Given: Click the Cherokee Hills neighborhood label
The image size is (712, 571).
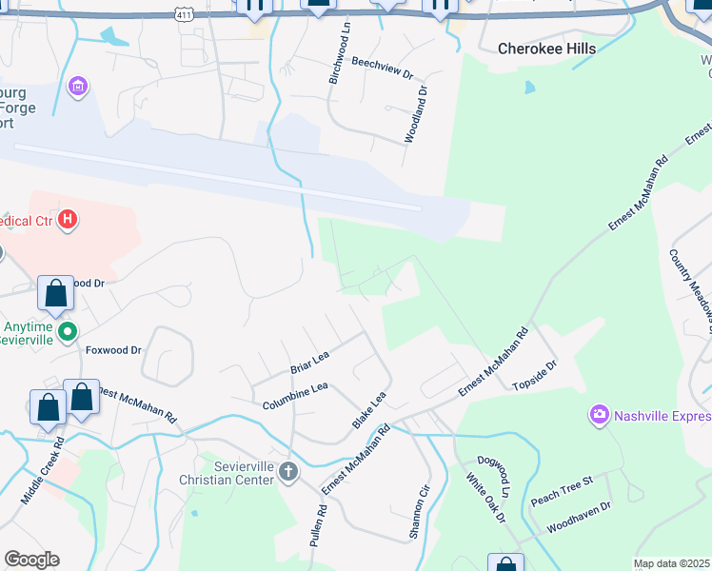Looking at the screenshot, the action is pyautogui.click(x=547, y=49).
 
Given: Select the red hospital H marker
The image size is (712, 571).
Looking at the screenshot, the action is pyautogui.click(x=68, y=221).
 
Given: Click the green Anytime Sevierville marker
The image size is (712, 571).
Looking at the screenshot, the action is pyautogui.click(x=67, y=332).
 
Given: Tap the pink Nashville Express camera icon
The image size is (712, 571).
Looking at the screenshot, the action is pyautogui.click(x=599, y=414).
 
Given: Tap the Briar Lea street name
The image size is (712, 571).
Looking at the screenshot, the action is pyautogui.click(x=309, y=362).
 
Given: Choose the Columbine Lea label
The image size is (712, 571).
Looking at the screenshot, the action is pyautogui.click(x=295, y=397).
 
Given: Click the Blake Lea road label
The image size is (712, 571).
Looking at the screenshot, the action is pyautogui.click(x=369, y=410).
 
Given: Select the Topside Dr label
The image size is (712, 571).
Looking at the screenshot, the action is pyautogui.click(x=534, y=376).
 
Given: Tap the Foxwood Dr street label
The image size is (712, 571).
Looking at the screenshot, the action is pyautogui.click(x=112, y=350).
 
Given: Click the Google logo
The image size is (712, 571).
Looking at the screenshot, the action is pyautogui.click(x=31, y=560).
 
